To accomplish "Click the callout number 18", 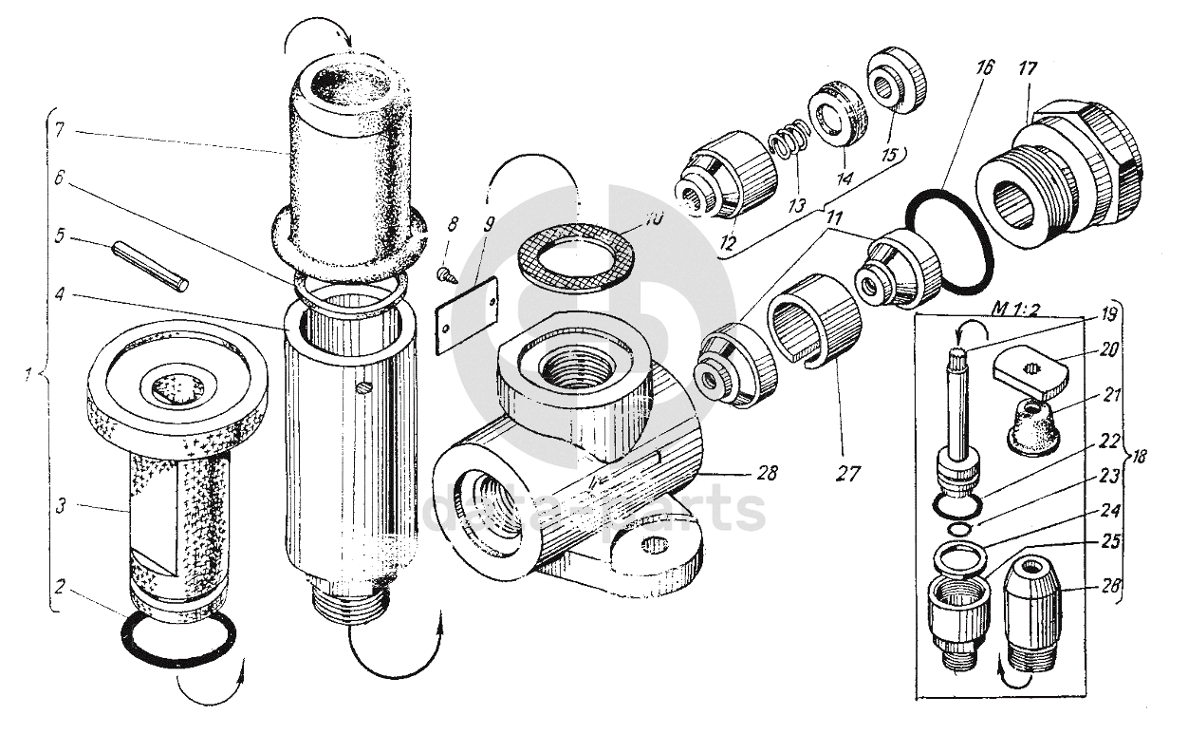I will [1138, 457].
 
